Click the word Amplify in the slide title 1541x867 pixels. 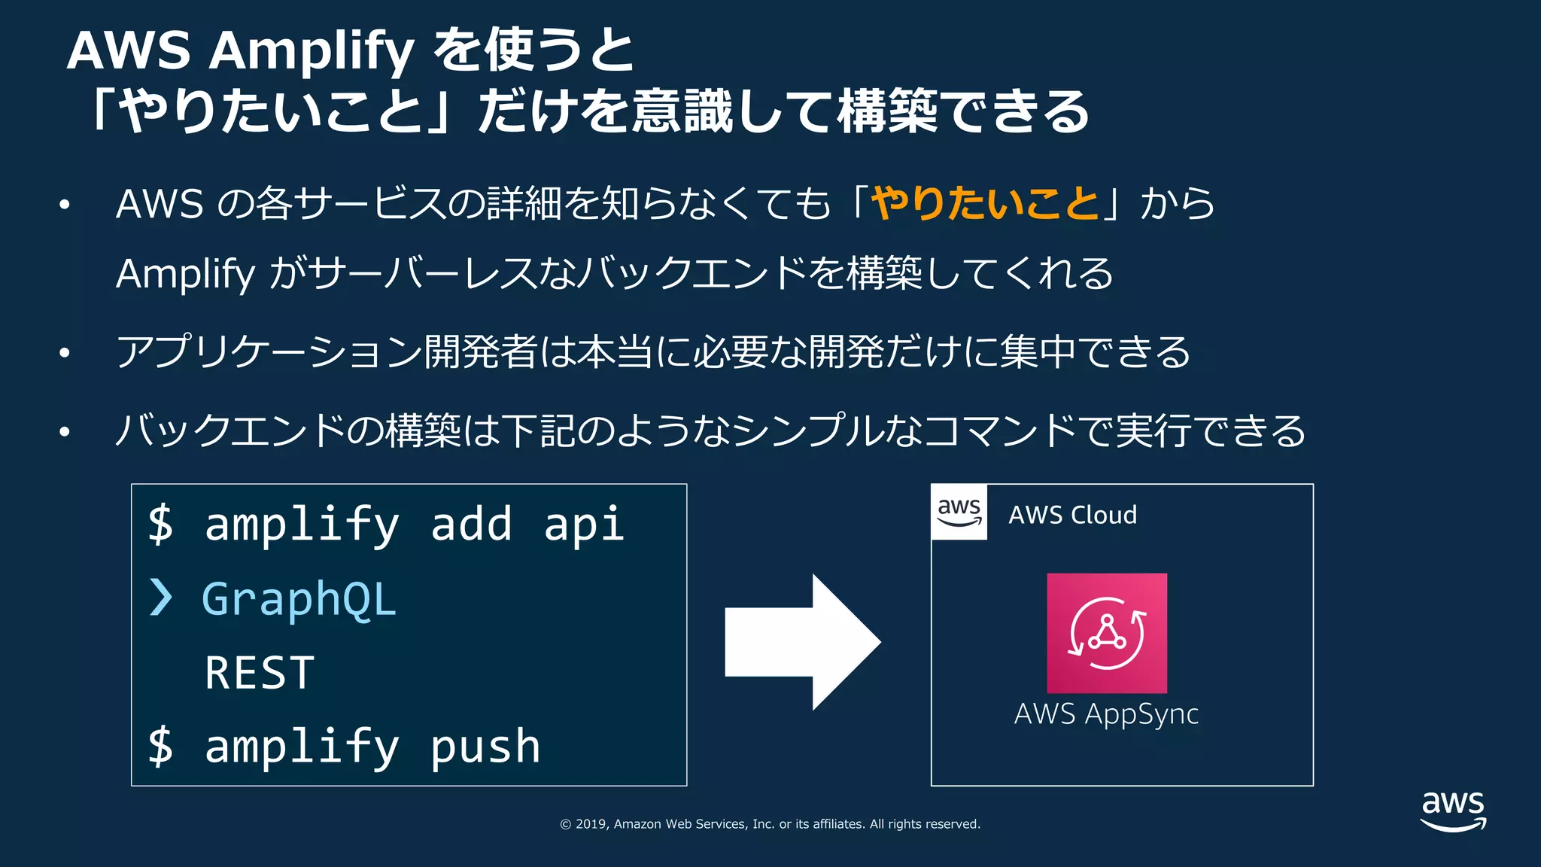coord(312,51)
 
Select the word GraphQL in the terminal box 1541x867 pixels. coord(299,599)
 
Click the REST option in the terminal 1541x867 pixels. coord(260,672)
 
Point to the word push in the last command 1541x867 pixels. coord(485,747)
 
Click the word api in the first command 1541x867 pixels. coord(584,524)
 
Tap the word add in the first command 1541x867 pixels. coord(471,524)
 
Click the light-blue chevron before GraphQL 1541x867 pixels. coord(160,598)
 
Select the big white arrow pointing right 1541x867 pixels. coord(802,642)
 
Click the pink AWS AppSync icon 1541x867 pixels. coord(1107,633)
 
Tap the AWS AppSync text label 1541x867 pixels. coord(1106,713)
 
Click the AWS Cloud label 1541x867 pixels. coord(1072,515)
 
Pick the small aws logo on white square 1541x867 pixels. coord(959,512)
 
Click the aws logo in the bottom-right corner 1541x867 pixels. coord(1453,810)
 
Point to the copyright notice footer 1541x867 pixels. coord(770,824)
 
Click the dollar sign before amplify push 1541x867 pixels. coord(160,747)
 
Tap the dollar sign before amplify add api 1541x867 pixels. coord(160,524)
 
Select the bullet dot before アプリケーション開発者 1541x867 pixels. coord(65,352)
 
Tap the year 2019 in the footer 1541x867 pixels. coord(591,824)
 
